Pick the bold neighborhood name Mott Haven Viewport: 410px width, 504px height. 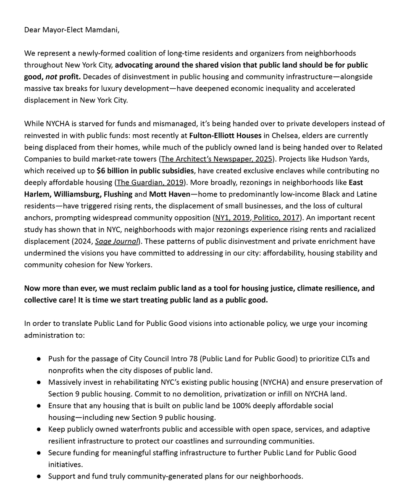pos(170,194)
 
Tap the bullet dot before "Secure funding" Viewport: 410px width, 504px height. pos(39,453)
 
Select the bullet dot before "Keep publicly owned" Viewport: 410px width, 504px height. pos(39,429)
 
